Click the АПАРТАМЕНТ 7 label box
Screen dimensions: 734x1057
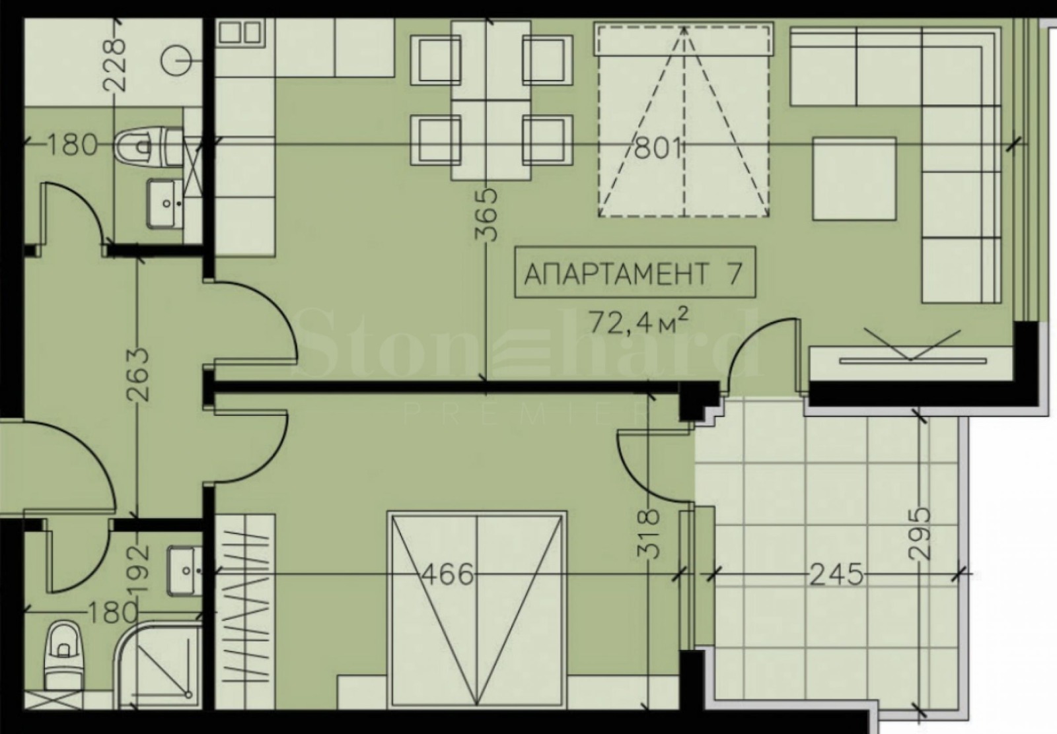pos(633,273)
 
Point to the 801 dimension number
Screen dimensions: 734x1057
pos(657,148)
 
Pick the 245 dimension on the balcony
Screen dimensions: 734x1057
pos(836,574)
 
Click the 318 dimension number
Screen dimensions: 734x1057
pos(651,534)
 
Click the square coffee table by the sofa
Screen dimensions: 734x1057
pos(854,178)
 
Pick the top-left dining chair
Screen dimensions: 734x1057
pos(435,59)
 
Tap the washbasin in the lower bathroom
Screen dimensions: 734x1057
pos(184,569)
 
